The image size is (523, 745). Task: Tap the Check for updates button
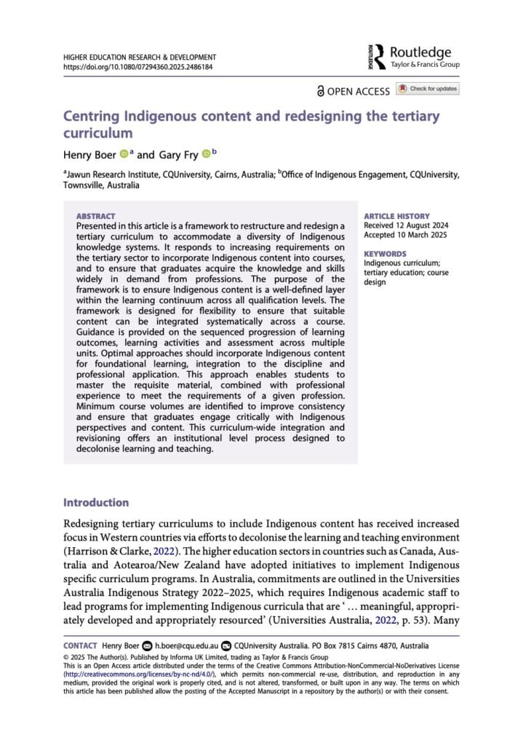(428, 89)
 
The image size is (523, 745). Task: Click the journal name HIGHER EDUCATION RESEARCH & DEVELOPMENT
(140, 57)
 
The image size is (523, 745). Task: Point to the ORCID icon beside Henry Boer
(124, 154)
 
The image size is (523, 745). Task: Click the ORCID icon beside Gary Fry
(206, 154)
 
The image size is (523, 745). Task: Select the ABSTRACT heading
(95, 216)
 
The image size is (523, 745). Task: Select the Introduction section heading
(96, 503)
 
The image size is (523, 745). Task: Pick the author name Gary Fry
(178, 154)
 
